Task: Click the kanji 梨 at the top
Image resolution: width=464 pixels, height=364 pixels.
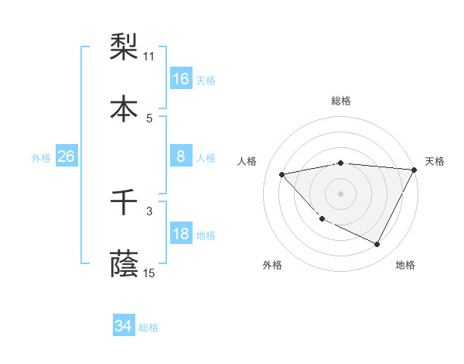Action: pos(125,48)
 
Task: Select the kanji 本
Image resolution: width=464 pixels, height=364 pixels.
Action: pos(125,109)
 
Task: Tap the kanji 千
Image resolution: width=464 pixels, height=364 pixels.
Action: pos(125,203)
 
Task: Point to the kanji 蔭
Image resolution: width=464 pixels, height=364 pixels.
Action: pos(125,264)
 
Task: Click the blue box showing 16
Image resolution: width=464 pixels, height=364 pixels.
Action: pos(181,79)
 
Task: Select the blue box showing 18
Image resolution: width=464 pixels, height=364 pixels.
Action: pos(181,235)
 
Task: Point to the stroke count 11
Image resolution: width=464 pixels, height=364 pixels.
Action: pos(149,57)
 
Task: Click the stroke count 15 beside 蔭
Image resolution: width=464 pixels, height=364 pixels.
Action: pos(149,273)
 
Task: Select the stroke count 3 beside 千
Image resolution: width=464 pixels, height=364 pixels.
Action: pos(149,211)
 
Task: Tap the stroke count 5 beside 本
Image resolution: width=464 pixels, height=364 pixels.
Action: pos(149,118)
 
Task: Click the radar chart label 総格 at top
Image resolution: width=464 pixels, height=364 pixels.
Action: pos(341,101)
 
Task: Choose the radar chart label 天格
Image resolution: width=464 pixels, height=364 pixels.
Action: pos(435,161)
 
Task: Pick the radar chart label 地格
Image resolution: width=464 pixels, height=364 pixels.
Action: pos(405,265)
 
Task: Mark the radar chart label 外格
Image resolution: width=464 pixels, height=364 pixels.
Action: pos(272,265)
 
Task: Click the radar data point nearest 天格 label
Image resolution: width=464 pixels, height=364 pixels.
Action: pos(415,170)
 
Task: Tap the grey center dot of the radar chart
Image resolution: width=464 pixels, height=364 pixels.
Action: pos(341,193)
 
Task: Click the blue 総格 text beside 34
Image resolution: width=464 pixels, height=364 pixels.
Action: pos(148,328)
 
